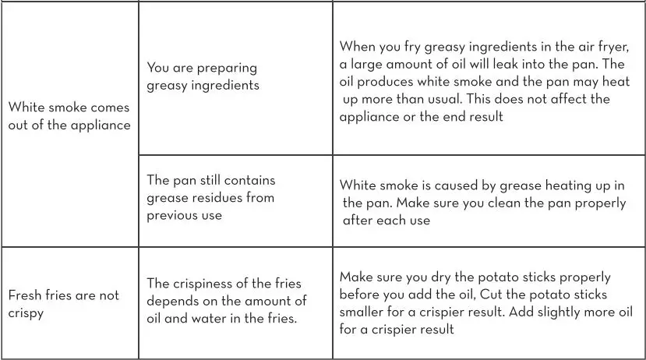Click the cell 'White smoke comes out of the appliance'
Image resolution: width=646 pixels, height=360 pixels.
coord(69,116)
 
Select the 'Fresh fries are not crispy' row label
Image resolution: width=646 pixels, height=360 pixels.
coord(64,304)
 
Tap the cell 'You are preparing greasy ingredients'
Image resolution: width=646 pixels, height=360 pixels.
coord(203,76)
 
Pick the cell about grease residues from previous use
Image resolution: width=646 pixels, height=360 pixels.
coord(211,197)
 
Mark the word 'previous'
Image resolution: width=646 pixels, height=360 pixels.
coord(172,215)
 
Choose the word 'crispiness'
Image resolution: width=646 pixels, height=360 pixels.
coord(207,283)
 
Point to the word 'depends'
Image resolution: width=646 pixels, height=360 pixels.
coord(175,301)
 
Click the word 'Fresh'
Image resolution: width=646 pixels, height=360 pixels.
coord(26,295)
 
